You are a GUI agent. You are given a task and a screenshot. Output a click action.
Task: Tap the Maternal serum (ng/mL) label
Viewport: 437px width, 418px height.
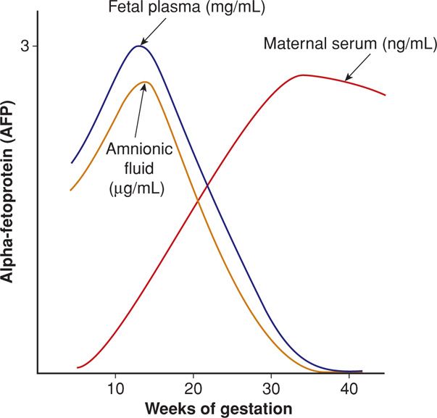pos(349,44)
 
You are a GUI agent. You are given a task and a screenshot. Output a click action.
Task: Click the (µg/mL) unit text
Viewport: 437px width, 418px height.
pos(136,191)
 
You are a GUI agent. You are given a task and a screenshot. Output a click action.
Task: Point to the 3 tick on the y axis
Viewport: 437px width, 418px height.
pos(24,46)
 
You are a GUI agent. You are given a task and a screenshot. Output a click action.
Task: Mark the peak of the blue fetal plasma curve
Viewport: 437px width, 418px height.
pos(138,46)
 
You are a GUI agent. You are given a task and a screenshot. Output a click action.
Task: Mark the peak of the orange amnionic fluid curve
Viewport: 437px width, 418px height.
pos(145,82)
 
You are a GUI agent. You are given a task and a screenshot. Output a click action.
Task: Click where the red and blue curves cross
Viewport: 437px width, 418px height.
pos(208,187)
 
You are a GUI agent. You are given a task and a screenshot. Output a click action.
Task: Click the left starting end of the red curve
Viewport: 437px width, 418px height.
pos(78,368)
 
